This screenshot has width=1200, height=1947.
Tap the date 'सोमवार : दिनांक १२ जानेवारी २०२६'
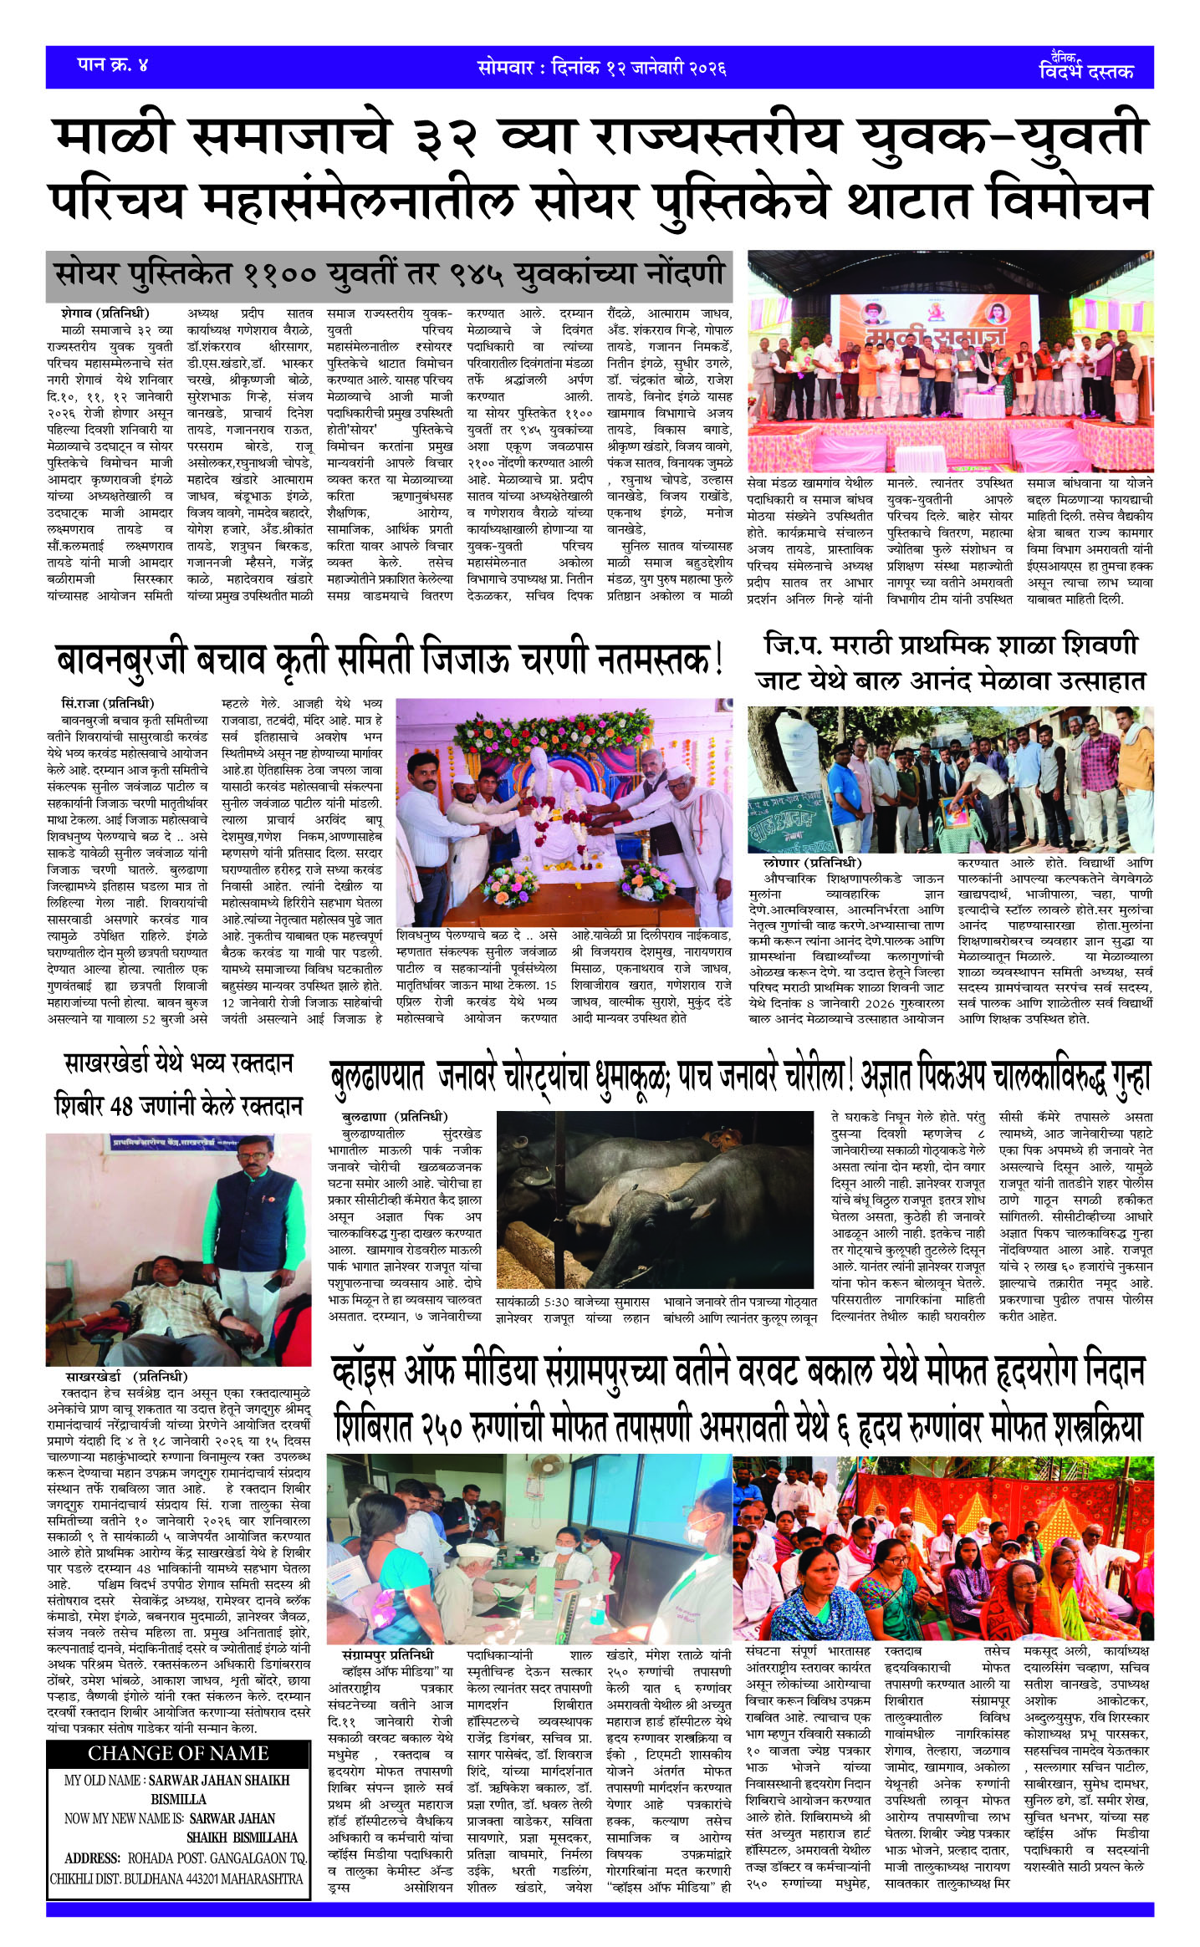(x=601, y=68)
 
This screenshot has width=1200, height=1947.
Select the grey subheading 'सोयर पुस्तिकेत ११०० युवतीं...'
(x=389, y=274)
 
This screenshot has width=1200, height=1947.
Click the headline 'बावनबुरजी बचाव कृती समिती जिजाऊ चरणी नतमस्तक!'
(x=389, y=660)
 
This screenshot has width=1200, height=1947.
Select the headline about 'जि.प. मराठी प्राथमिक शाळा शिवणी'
(x=950, y=662)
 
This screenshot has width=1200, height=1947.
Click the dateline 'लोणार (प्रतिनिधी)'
(x=812, y=863)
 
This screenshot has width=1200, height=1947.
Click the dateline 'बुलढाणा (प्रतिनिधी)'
(x=395, y=1117)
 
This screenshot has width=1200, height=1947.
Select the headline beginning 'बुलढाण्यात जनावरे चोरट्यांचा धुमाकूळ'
(x=740, y=1078)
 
